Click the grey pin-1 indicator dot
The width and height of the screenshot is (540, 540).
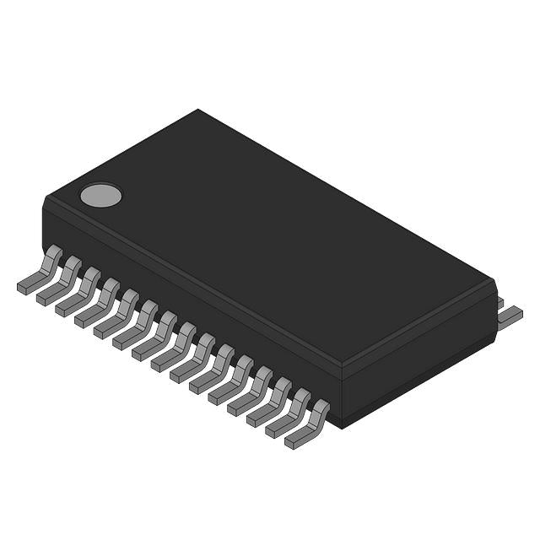pos(101,196)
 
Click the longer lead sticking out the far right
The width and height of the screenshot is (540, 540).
pos(510,316)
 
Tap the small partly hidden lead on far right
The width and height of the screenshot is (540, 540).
pos(499,301)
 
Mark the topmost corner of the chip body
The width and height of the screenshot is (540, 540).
pos(198,110)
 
